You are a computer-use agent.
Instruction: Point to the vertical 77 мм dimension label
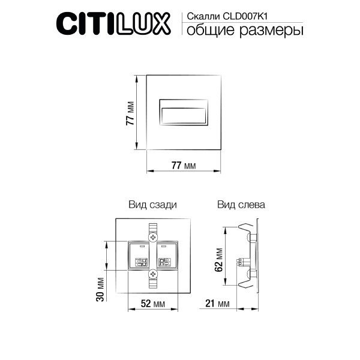130,113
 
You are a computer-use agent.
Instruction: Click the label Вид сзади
152,205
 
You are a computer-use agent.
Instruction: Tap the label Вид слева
241,205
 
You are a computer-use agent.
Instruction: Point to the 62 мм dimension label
220,259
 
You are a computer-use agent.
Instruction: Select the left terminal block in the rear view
140,256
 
